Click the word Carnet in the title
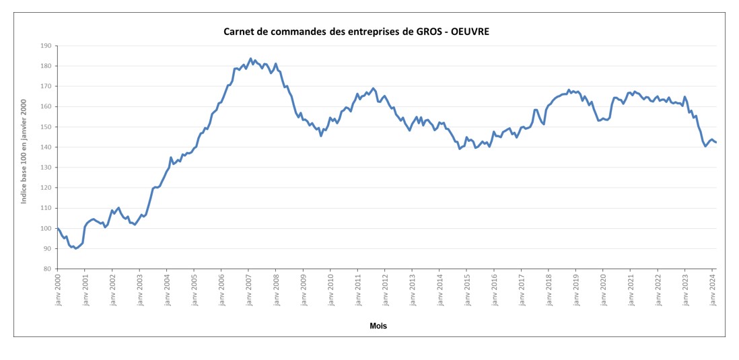238,32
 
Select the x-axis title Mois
378,326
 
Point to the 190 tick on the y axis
45,46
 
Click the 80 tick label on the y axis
47,269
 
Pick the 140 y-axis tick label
45,147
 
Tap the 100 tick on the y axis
45,229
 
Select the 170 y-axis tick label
45,86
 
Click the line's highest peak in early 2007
250,59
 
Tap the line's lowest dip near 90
75,248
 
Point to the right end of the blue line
716,142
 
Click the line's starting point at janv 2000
58,229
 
